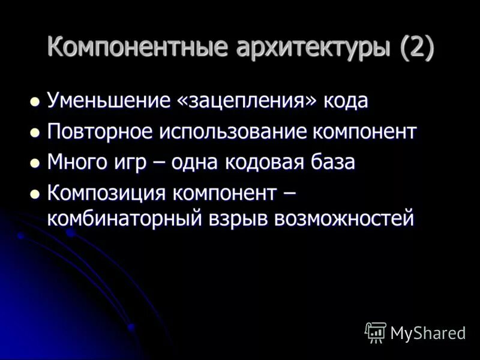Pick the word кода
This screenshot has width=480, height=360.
point(346,100)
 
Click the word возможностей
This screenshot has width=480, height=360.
point(344,218)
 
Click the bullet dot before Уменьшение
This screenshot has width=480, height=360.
point(35,100)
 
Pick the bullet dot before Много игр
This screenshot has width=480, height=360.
point(35,163)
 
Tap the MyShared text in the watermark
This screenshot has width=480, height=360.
point(428,334)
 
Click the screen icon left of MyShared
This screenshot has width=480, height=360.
point(376,332)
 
